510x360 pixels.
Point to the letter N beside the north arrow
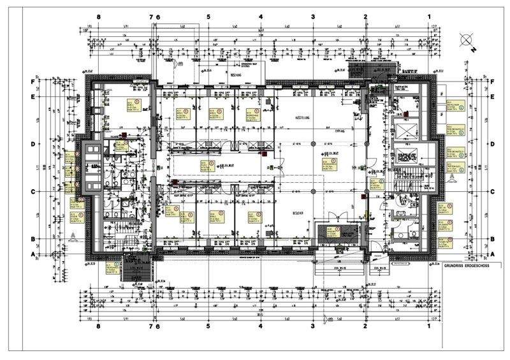[474, 48]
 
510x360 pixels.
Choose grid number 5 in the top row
[208, 17]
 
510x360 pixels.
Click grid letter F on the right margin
[493, 82]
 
